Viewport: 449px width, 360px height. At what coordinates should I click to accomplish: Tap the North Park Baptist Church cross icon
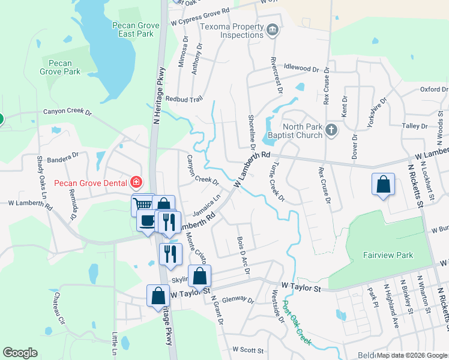click(331, 130)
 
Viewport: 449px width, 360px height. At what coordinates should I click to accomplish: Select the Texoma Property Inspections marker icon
click(272, 29)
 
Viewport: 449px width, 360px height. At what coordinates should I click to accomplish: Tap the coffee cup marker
click(147, 220)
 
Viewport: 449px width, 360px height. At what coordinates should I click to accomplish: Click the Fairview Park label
click(388, 255)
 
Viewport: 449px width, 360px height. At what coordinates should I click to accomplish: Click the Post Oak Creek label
click(297, 327)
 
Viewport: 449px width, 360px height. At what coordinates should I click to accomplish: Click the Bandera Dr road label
click(61, 157)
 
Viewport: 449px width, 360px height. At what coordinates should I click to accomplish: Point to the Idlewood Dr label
click(303, 68)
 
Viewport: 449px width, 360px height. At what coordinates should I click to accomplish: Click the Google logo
click(20, 353)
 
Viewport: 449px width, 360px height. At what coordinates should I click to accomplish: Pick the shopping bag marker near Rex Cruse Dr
click(383, 185)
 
